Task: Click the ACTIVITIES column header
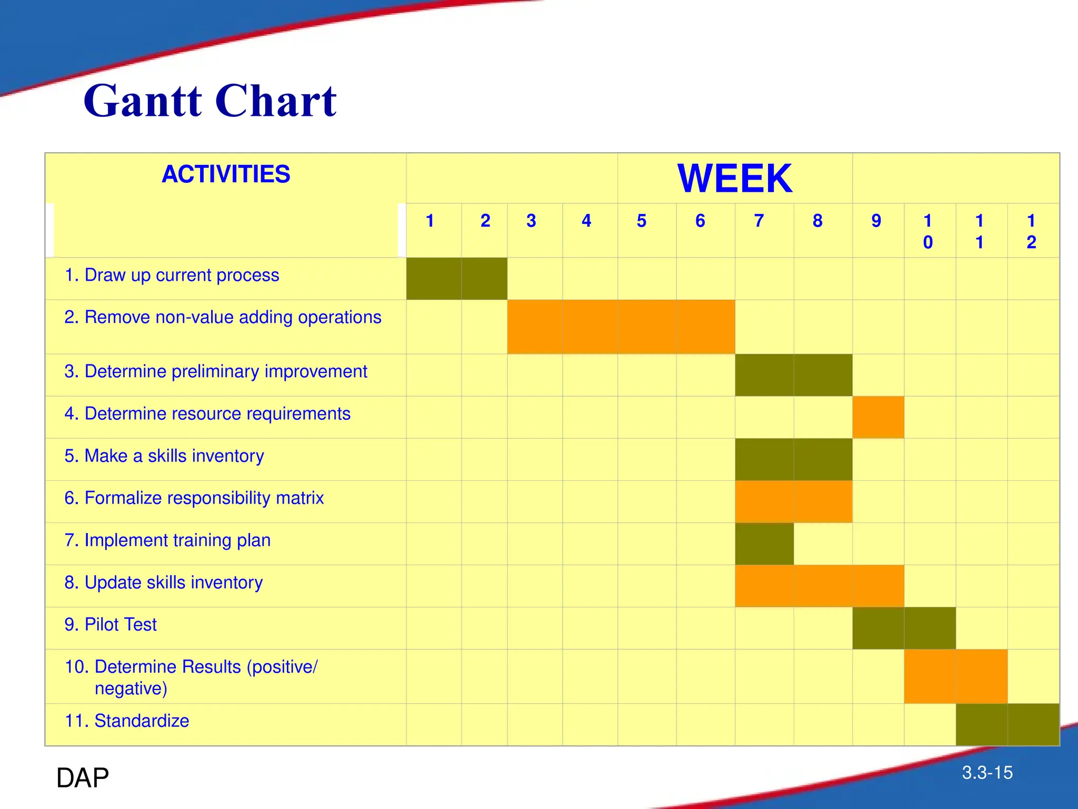(x=226, y=174)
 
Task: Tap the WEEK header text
(x=734, y=179)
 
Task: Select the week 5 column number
(x=641, y=221)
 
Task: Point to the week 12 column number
(x=1031, y=231)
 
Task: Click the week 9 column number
(x=876, y=221)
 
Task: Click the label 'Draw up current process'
(x=172, y=275)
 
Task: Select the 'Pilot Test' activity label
(x=111, y=624)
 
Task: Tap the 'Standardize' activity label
(x=127, y=721)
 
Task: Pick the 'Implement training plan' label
(x=167, y=540)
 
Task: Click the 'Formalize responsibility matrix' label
(x=194, y=498)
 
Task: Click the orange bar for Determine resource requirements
(x=878, y=417)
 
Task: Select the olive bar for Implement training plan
(x=764, y=544)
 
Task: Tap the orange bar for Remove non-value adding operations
(x=621, y=327)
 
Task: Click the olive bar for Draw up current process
(x=457, y=279)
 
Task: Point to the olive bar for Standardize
(x=1007, y=724)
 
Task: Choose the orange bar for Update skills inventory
(x=820, y=586)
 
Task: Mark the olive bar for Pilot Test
(x=904, y=628)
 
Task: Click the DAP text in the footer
(x=83, y=777)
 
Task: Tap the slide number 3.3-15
(x=987, y=773)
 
